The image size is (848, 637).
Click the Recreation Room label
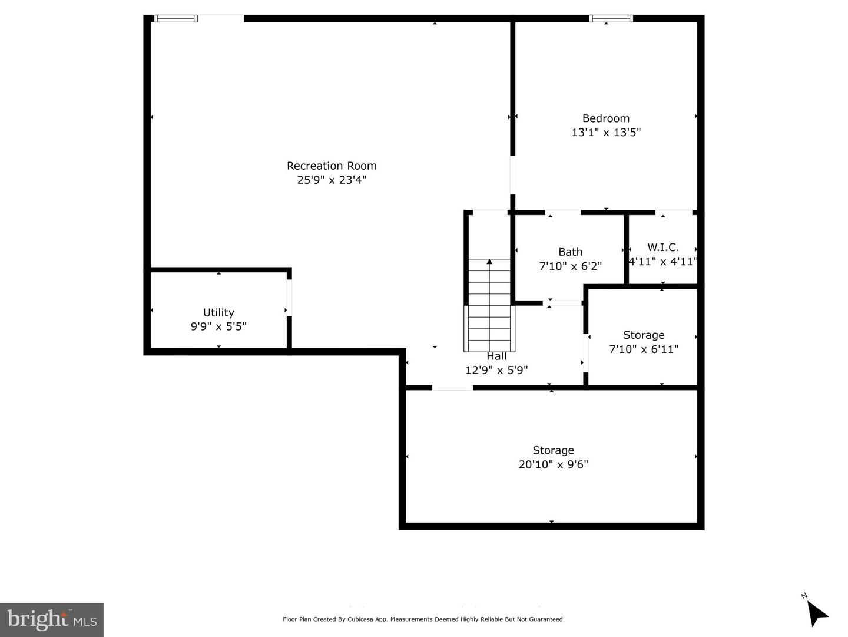point(332,166)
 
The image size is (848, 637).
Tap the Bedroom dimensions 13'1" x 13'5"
point(606,133)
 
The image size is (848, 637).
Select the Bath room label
point(570,252)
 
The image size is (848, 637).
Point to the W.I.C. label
point(663,247)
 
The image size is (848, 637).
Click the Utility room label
point(218,313)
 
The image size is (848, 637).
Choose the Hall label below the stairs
point(496,357)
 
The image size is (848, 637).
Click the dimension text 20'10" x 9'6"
point(553,464)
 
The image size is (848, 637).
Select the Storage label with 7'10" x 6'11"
point(644,335)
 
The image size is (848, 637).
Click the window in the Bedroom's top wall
point(611,19)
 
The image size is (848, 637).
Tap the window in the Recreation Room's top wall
point(175,19)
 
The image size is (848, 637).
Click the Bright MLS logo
point(52,619)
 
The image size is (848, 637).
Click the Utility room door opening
point(289,298)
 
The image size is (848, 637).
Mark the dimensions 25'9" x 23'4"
point(332,180)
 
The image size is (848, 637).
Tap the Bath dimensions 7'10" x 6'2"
point(570,266)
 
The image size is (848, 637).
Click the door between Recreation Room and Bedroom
point(512,174)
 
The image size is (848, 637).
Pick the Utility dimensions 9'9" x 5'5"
point(218,327)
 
